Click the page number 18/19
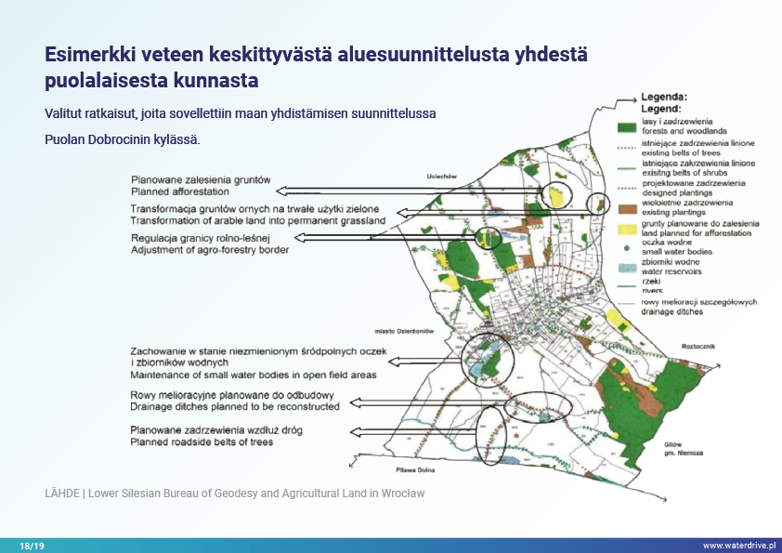[x=33, y=546]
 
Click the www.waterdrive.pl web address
[x=737, y=546]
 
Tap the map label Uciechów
[x=440, y=175]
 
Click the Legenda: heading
[x=664, y=97]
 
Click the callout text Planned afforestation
[x=174, y=191]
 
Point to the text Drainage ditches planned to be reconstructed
[x=235, y=406]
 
